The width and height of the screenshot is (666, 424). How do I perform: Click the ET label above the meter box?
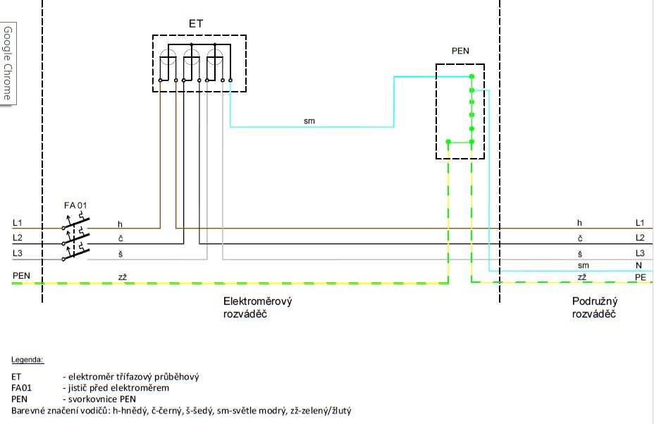(x=196, y=24)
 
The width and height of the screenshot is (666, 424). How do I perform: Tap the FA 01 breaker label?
(x=75, y=205)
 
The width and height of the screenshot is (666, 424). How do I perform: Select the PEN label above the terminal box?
(x=459, y=51)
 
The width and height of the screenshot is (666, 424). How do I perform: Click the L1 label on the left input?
(x=18, y=223)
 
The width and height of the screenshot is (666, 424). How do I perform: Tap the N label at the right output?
(x=639, y=265)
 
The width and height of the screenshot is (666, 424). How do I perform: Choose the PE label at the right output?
(x=640, y=277)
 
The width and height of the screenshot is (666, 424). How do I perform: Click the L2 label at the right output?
(x=640, y=238)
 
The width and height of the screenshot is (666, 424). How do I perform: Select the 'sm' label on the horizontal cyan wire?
(x=309, y=121)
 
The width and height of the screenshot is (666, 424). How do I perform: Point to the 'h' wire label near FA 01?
(x=121, y=224)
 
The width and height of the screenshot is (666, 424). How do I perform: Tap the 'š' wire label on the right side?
(x=580, y=253)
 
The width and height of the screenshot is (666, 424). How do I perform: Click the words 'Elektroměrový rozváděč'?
(x=252, y=308)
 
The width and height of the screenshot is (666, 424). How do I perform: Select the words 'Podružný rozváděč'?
(x=594, y=308)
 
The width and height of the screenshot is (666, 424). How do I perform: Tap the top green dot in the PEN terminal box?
(x=472, y=77)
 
